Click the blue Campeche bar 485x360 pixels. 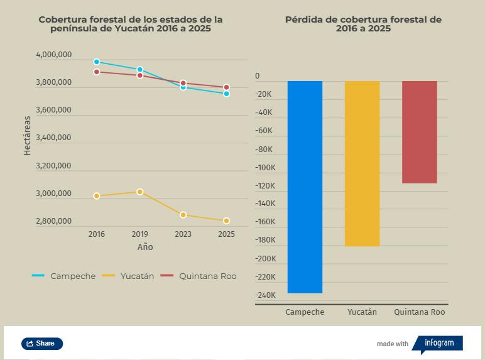[305, 187]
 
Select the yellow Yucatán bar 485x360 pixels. [362, 163]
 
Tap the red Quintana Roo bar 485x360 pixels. [419, 132]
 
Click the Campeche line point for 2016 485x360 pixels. [97, 62]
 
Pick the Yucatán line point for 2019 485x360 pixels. [140, 192]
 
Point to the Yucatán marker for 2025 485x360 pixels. [226, 221]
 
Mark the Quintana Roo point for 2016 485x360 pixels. [97, 72]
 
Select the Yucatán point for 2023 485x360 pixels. [183, 215]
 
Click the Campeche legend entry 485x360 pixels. [64, 276]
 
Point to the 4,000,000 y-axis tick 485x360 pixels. [54, 55]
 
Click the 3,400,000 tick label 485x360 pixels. [54, 138]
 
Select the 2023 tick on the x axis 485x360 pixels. [183, 234]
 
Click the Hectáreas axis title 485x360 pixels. [27, 136]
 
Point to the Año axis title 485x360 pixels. [145, 247]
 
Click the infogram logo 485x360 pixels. [439, 343]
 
